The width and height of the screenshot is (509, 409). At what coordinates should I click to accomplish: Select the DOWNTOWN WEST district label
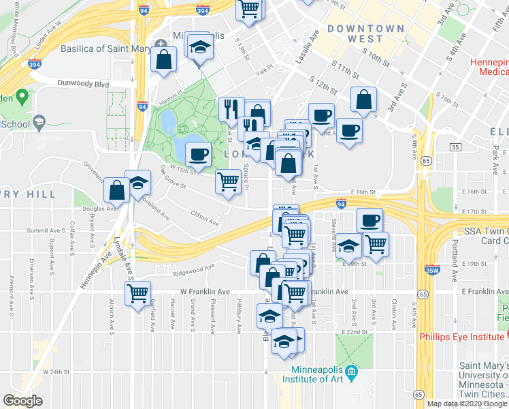point(365,33)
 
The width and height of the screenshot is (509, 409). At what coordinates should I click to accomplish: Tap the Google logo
point(22,401)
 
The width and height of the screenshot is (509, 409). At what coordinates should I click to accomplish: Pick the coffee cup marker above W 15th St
point(198,154)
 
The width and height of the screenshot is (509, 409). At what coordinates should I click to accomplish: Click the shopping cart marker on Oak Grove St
point(228,181)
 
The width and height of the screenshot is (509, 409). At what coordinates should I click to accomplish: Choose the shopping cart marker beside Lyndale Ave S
point(137,293)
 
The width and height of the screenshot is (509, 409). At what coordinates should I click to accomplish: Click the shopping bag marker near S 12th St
point(364,99)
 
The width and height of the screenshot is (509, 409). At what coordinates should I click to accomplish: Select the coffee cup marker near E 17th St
point(370,220)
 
